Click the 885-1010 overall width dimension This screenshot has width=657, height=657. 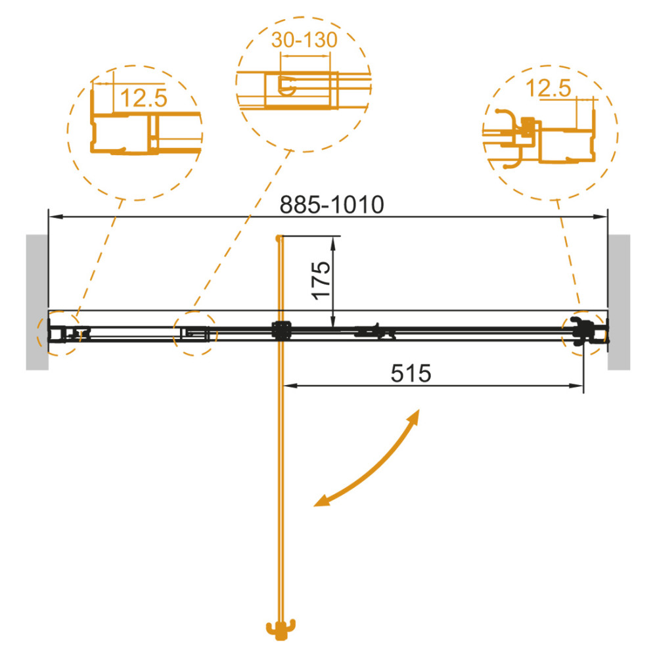(x=331, y=204)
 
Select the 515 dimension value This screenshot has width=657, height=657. (x=411, y=373)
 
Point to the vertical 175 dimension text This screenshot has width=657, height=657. (x=322, y=281)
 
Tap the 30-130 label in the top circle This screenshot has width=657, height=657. (x=304, y=40)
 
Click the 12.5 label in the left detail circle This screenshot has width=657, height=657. (x=143, y=98)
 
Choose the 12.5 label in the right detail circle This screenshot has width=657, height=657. (x=548, y=89)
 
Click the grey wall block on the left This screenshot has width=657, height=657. (x=37, y=302)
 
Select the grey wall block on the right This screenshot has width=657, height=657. (x=619, y=302)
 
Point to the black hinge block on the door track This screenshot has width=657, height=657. (x=281, y=330)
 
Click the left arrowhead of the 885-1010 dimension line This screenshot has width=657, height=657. (x=55, y=217)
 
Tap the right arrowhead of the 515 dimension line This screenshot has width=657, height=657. (x=577, y=386)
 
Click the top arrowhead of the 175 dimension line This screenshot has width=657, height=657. (x=333, y=243)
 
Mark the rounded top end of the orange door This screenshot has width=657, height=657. (x=278, y=238)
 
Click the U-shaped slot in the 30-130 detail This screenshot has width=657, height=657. (x=287, y=86)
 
